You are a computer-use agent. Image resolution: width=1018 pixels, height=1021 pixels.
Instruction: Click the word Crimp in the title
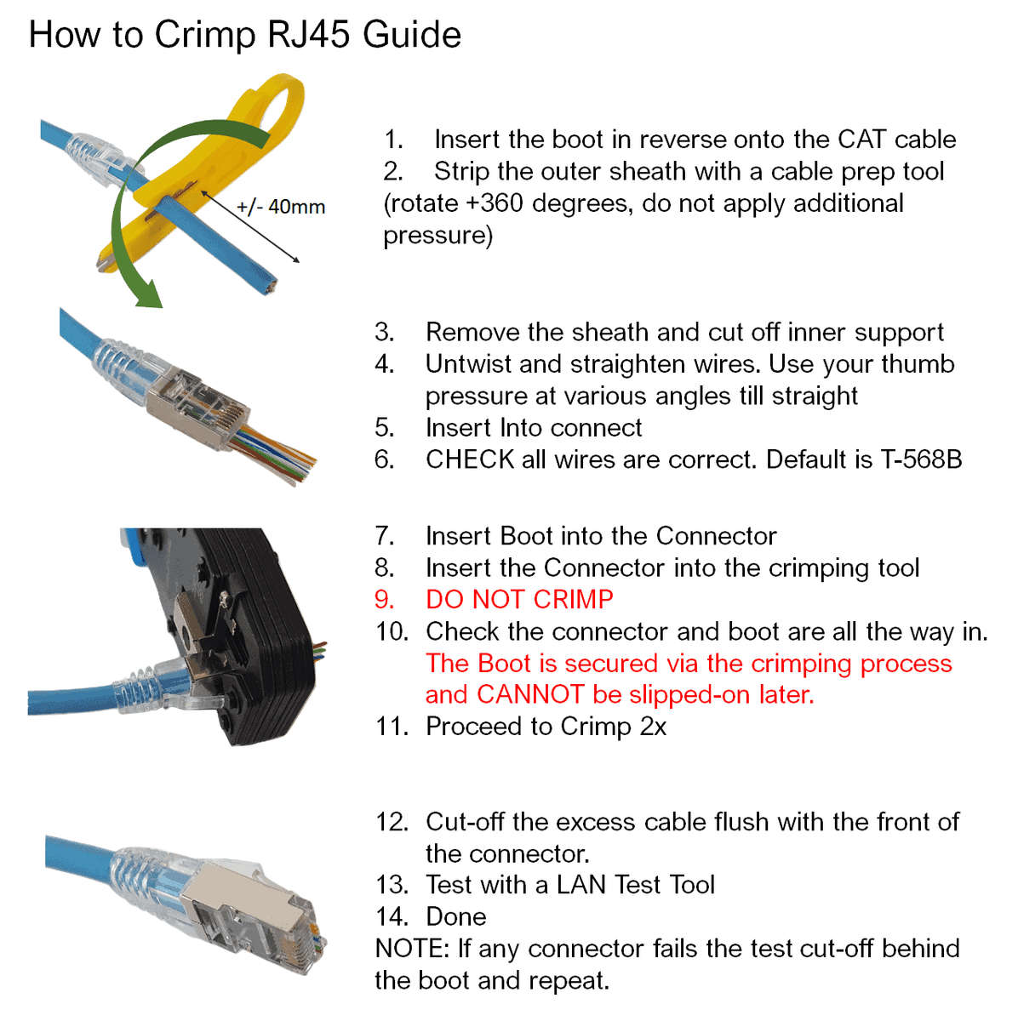pos(204,36)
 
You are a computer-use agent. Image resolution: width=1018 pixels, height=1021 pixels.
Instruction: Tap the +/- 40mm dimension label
pos(281,207)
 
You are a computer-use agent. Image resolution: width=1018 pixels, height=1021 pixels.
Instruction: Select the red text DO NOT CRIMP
pos(519,599)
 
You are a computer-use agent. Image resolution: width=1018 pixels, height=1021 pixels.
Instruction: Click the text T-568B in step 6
pos(921,459)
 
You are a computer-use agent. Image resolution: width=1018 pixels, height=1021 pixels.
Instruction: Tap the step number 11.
pos(392,727)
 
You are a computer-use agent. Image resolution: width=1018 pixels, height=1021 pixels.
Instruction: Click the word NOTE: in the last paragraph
pos(412,948)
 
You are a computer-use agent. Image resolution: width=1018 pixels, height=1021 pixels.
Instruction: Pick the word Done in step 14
pos(456,916)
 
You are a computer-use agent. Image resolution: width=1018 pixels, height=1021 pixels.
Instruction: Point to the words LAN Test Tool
pos(635,885)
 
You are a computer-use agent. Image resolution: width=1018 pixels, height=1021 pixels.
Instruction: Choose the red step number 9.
pos(384,599)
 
